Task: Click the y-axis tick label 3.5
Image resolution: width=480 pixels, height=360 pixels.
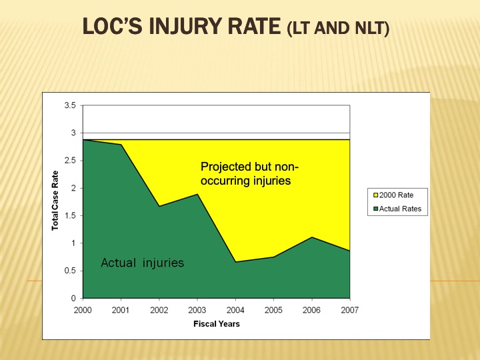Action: tap(70, 105)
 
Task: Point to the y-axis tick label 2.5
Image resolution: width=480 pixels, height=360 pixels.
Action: tap(70, 161)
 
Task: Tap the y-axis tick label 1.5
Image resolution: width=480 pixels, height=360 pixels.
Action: tap(70, 216)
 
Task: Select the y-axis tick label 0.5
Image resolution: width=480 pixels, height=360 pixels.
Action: tap(70, 271)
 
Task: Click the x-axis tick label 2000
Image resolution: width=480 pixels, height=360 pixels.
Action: tap(83, 310)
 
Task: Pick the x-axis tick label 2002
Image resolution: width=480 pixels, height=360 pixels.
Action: tap(159, 310)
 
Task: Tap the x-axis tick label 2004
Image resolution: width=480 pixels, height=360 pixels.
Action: tap(235, 310)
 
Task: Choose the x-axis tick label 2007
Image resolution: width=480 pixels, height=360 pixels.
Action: tap(349, 310)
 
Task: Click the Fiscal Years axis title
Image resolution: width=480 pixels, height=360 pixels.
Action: tap(217, 324)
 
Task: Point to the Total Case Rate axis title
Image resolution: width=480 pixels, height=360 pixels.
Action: tap(55, 201)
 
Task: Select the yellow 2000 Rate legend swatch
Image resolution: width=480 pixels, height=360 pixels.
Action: tap(375, 195)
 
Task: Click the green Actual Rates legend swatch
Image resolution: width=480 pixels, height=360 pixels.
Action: tap(375, 209)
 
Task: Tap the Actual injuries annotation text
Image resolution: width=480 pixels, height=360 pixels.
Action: tap(142, 263)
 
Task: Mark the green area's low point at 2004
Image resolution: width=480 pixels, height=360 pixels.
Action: tap(235, 262)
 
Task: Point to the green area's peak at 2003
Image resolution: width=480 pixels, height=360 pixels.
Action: tap(197, 195)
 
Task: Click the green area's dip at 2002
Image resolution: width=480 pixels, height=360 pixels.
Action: tap(159, 207)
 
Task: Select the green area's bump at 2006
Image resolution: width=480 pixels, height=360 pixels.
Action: tap(311, 237)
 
